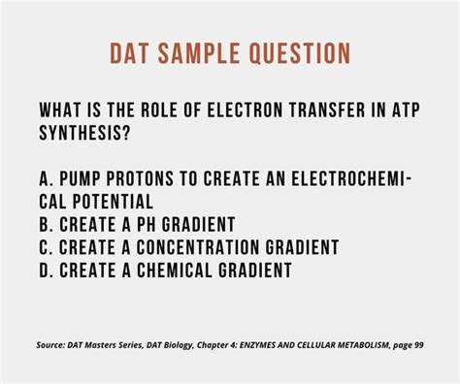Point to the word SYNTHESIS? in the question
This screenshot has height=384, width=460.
pyautogui.click(x=85, y=131)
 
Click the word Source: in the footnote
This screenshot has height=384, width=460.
pyautogui.click(x=50, y=344)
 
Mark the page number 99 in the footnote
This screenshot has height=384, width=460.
pyautogui.click(x=418, y=344)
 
